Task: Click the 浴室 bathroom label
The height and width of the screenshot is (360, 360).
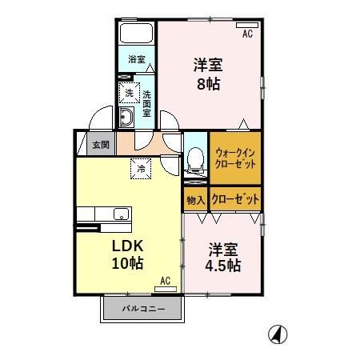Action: [137, 59]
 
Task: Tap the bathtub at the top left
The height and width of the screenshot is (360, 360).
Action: [137, 35]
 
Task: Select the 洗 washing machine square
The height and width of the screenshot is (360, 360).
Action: [129, 94]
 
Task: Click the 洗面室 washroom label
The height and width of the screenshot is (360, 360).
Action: [146, 102]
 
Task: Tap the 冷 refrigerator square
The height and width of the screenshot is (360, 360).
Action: [141, 168]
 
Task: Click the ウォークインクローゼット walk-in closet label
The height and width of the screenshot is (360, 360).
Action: [234, 157]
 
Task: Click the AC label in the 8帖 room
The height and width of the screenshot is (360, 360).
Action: [247, 34]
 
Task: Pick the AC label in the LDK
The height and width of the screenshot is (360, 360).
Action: [165, 281]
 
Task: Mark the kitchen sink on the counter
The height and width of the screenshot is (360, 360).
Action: [120, 213]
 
